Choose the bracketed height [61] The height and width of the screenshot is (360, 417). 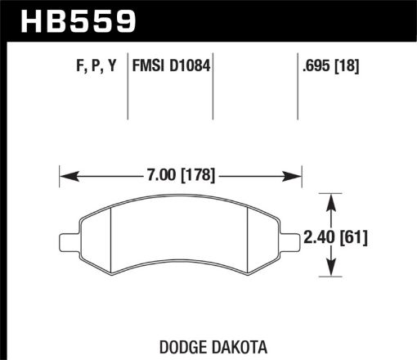(353, 238)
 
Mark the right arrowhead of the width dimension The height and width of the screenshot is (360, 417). (295, 174)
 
